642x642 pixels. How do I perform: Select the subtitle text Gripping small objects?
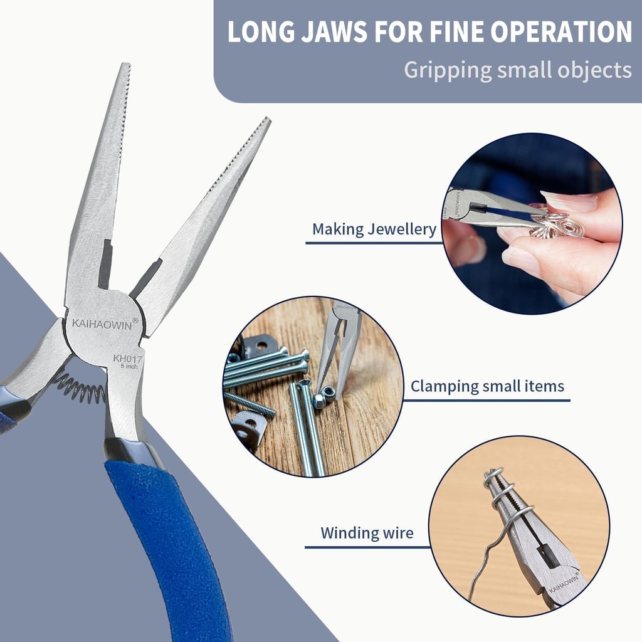pos(517,70)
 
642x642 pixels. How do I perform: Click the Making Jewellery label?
pos(374,229)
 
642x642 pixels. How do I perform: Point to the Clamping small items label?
pos(487,386)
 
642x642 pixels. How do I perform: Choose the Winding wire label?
pos(367,534)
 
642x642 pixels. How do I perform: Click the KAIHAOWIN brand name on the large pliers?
pos(100,324)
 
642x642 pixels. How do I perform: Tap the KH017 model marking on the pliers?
pos(128,359)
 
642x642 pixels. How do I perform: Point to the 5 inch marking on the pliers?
pos(129,367)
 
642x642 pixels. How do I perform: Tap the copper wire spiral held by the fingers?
pos(558,226)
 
